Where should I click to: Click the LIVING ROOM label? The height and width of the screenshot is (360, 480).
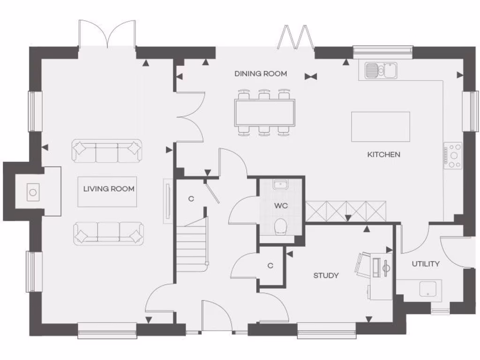[109, 189]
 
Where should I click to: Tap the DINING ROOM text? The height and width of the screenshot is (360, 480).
[261, 74]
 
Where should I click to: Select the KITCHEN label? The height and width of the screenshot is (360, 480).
[383, 154]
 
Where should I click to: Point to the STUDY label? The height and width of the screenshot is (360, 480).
[326, 275]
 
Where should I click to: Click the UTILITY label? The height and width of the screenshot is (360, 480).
[426, 264]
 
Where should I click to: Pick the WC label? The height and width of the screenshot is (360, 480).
[281, 205]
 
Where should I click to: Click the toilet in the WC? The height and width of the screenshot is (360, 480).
[281, 226]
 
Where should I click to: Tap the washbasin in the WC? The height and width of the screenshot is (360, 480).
[281, 184]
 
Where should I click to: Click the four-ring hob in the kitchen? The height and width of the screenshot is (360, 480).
[454, 156]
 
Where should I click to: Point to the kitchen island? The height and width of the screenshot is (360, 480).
[381, 127]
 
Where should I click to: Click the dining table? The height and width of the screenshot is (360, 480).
[265, 112]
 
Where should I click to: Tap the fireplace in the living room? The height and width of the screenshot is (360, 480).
[33, 192]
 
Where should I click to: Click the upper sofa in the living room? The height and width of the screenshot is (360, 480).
[107, 151]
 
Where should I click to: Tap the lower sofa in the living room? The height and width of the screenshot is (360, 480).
[108, 233]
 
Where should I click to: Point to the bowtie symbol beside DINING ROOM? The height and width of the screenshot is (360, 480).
[310, 76]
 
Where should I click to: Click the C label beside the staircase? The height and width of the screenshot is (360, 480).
[191, 198]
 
